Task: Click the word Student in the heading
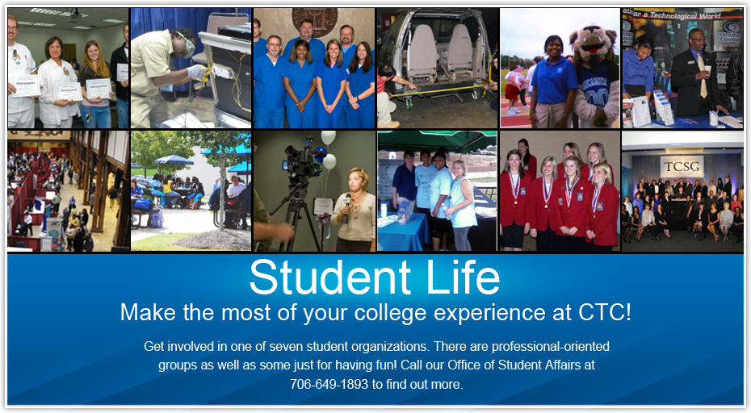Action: (330, 277)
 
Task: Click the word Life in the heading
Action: (463, 277)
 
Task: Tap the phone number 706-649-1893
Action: (329, 384)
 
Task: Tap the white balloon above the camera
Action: (328, 138)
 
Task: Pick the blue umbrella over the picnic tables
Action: (174, 160)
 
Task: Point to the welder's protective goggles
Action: (187, 44)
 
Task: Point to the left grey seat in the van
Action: (422, 52)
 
